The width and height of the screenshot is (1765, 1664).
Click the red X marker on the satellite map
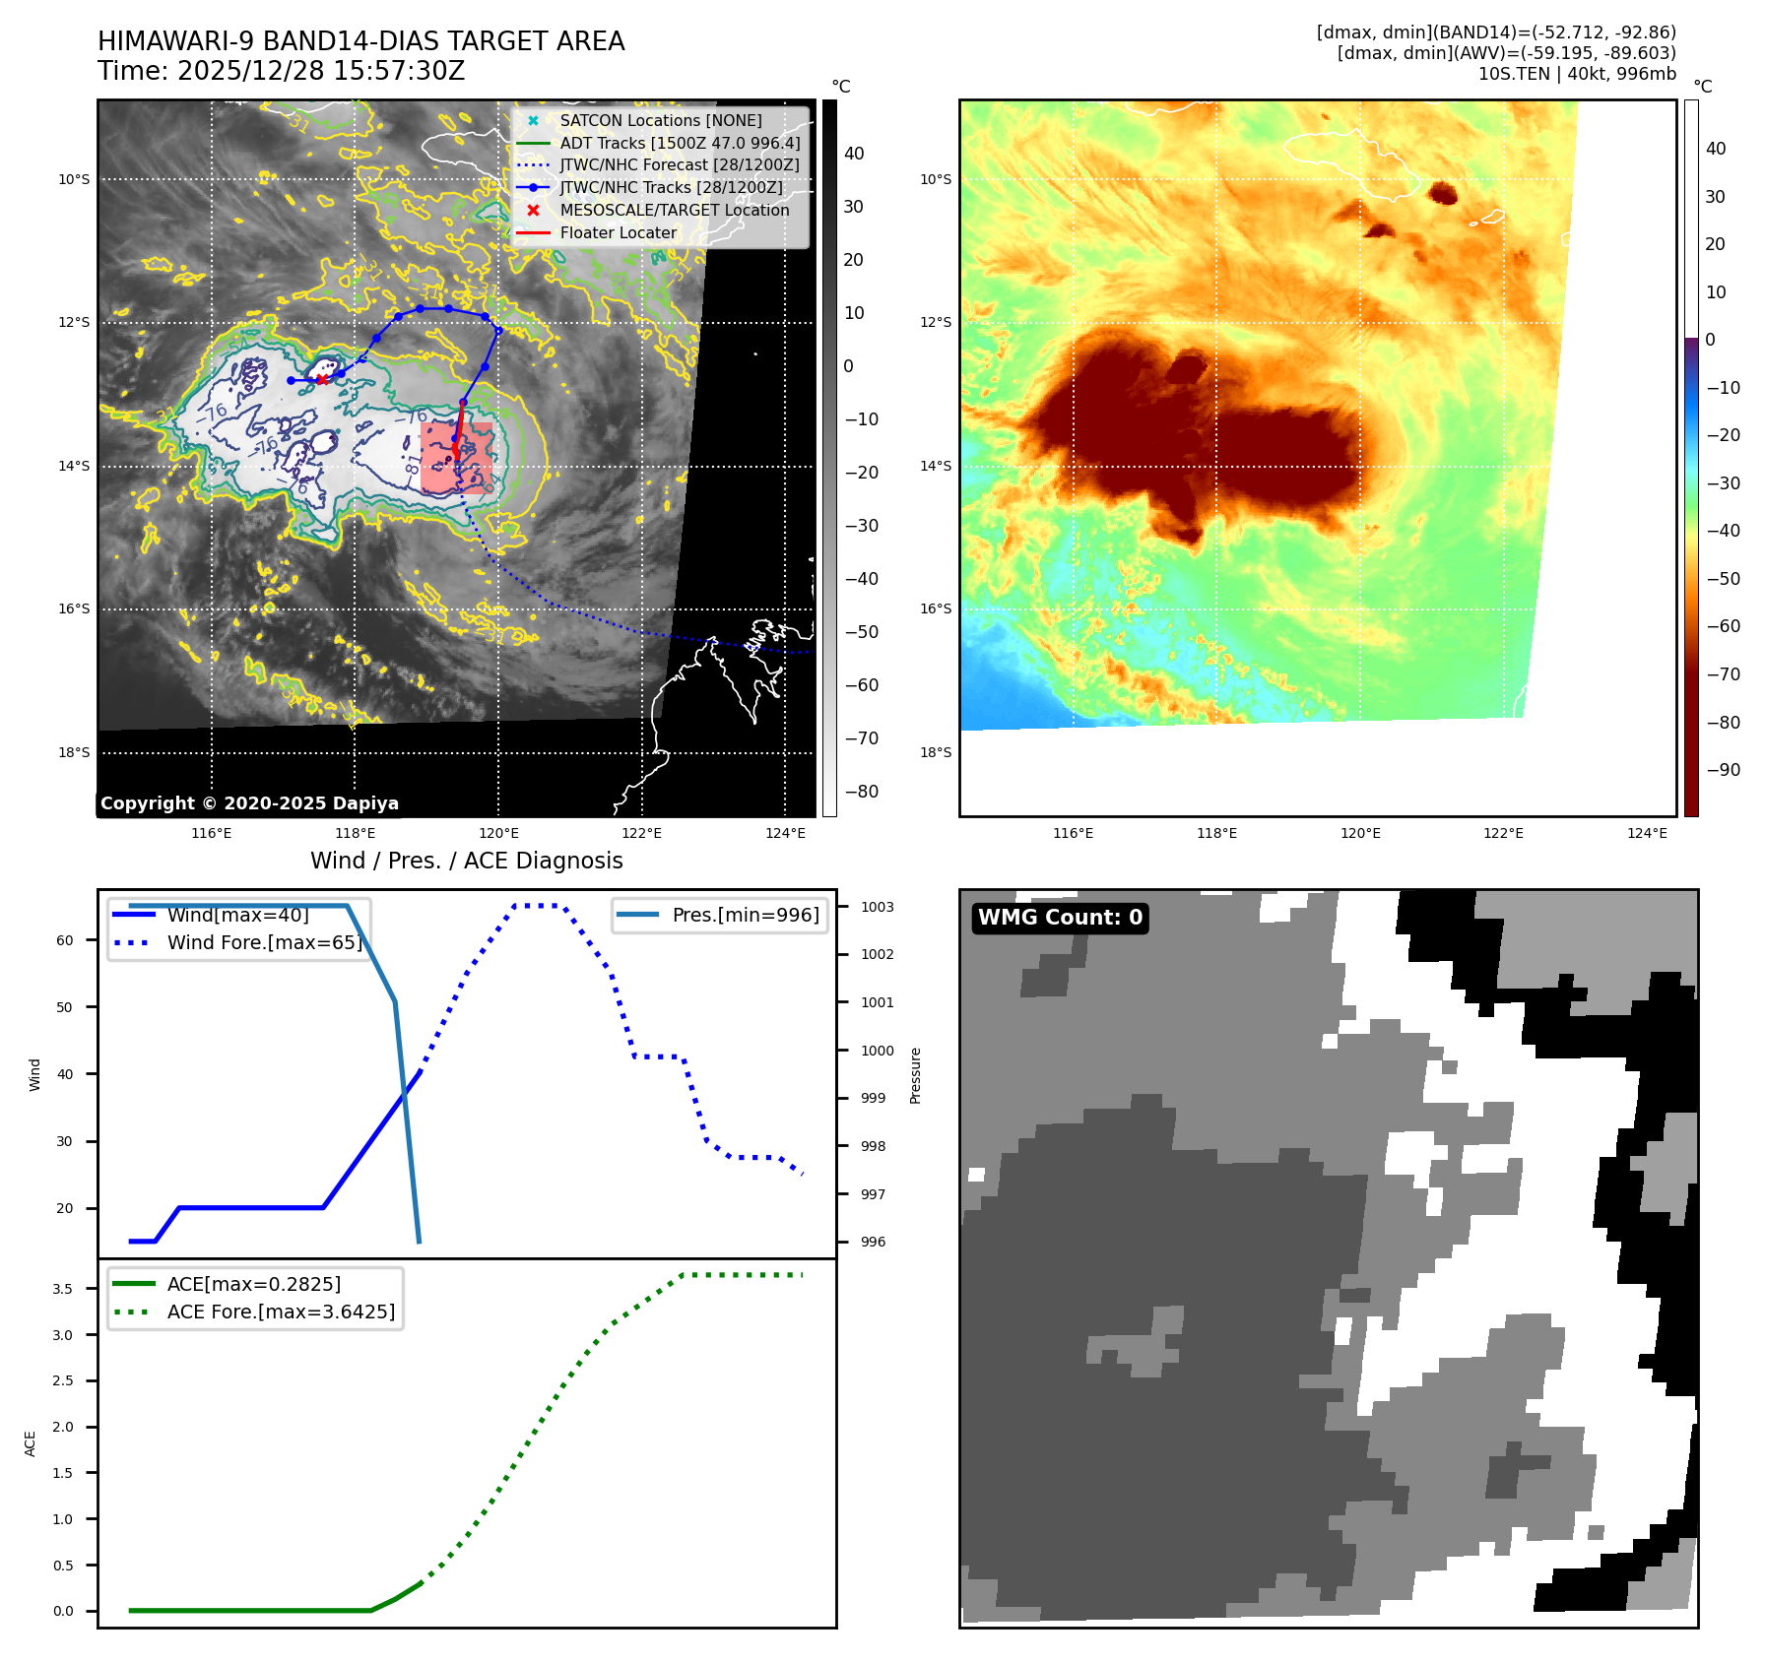322,379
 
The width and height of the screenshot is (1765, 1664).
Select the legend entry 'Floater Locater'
618,233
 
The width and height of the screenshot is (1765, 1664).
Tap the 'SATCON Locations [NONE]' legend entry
660,121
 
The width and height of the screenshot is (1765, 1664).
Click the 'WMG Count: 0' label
1060,918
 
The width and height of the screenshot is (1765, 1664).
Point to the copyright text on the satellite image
249,803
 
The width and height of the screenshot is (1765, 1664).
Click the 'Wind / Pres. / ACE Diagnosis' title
466,861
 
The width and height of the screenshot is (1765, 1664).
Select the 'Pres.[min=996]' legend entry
745,915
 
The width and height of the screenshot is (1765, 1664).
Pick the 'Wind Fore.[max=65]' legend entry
264,942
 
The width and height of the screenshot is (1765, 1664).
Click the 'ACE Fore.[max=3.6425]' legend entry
281,1312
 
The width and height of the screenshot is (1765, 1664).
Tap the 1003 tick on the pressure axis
877,907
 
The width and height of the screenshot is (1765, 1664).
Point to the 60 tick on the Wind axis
65,940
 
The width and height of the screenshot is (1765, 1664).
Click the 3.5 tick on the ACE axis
63,1289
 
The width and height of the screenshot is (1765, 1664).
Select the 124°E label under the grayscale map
785,834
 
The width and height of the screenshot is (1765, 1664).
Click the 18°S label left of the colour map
936,752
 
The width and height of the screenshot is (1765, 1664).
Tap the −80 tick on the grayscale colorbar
861,792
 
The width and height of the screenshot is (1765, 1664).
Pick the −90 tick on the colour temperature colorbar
1723,770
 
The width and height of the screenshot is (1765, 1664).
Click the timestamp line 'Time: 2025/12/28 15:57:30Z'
281,71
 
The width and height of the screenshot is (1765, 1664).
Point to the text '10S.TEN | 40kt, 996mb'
1576,74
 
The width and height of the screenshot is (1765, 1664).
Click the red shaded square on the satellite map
456,458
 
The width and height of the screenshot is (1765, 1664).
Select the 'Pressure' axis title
915,1075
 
